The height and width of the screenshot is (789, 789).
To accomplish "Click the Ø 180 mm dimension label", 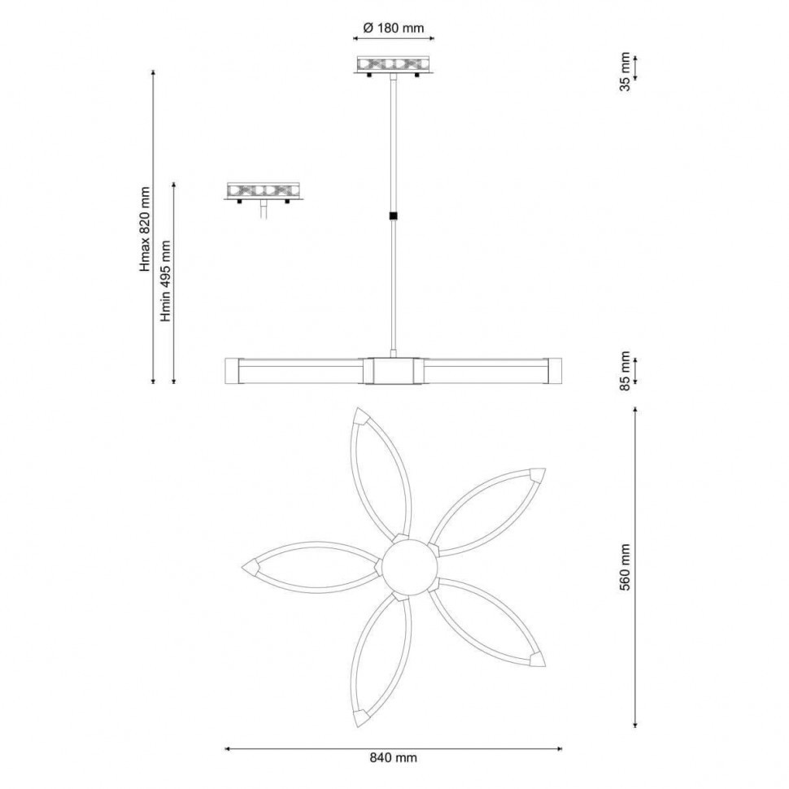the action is pos(394,28).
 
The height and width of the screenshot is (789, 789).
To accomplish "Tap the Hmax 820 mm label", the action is pos(146,229).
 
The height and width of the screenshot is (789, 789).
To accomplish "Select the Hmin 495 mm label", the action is pos(166,281).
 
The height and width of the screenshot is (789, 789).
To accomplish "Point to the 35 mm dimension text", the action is pos(625,71).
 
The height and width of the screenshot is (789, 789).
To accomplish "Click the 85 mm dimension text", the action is pos(625,371).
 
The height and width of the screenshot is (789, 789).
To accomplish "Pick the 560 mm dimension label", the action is pos(625,567).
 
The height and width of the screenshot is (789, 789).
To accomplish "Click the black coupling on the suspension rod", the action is pos(393,216).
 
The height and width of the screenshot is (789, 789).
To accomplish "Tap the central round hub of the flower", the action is pos(408,565).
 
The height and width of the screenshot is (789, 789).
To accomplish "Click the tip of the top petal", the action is pos(357,408).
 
